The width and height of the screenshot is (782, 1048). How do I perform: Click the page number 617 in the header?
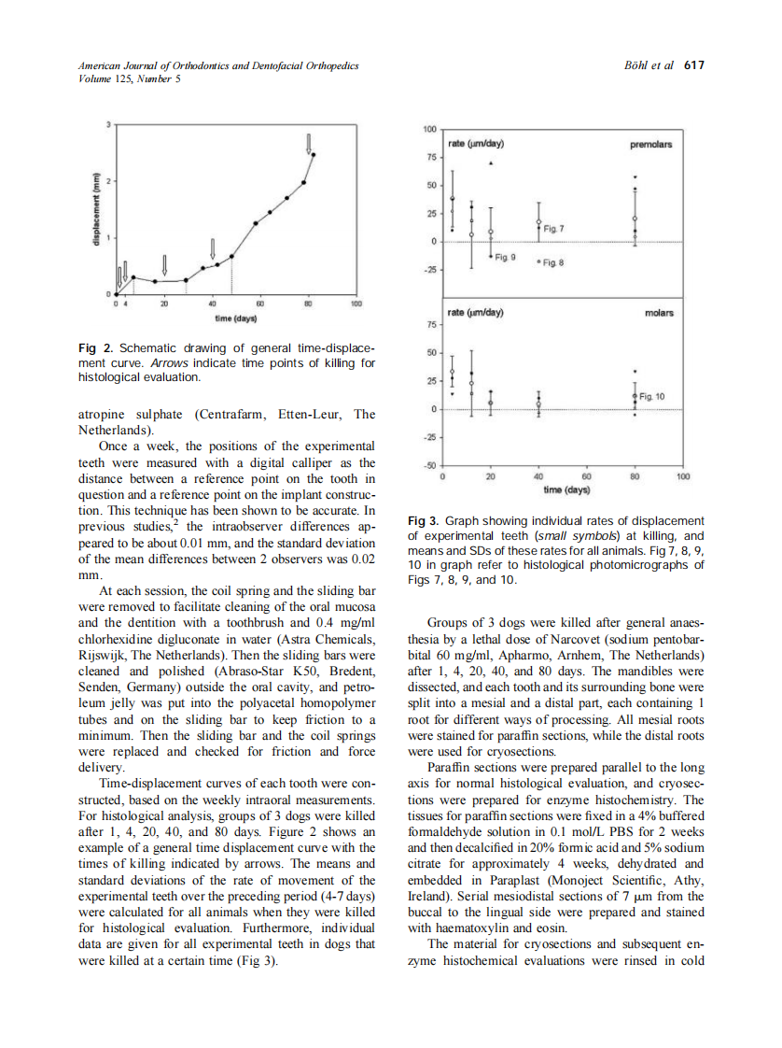coord(693,65)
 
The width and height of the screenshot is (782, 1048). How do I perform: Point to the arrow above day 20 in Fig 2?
coord(164,265)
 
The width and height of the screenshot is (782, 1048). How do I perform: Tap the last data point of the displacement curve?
coord(314,155)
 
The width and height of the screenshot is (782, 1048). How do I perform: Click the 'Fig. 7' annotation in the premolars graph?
coord(554,228)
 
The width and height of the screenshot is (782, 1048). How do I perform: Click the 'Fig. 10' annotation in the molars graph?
coord(652,397)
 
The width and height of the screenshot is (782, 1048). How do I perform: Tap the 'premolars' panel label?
coord(650,145)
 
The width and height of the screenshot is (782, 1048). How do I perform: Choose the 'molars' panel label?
coord(659,313)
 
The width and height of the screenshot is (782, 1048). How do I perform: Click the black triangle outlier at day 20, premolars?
coord(492,163)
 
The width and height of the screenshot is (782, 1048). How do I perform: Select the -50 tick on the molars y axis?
coord(430,465)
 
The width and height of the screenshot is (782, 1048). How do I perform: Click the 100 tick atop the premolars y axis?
coord(430,128)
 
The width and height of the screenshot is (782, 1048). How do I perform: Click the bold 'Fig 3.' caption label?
coord(424,520)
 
